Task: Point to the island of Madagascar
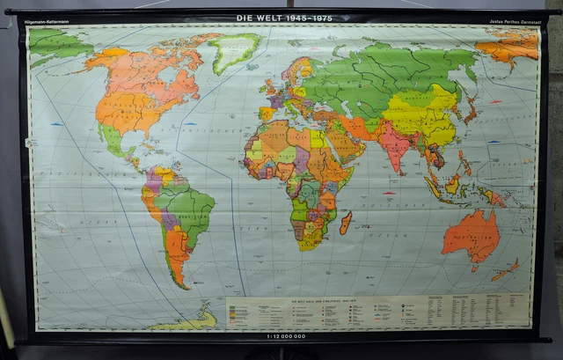pos(346,222)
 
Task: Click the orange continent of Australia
pos(470,236)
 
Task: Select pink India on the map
pos(393,145)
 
